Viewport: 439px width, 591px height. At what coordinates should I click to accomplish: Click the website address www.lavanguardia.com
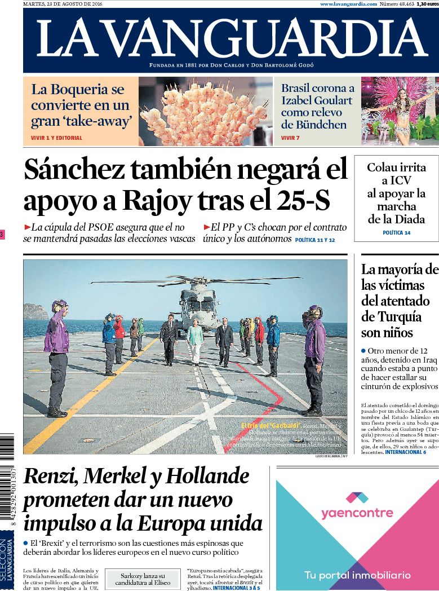click(348, 4)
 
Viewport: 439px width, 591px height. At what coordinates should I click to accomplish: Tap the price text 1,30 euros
click(427, 4)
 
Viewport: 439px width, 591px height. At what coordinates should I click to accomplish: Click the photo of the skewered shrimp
click(205, 111)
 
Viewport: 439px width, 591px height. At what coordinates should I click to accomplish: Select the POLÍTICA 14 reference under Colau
click(396, 232)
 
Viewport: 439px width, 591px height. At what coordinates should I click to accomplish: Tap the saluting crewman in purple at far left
click(56, 355)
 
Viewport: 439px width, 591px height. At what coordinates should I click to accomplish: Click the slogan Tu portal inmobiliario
click(357, 576)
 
